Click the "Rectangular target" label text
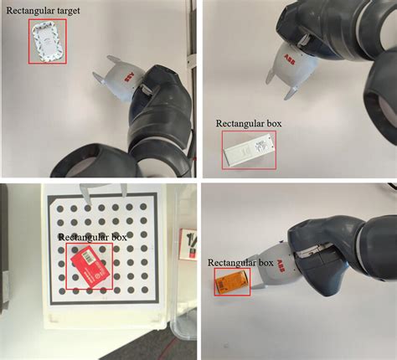point(43,11)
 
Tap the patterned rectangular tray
point(48,42)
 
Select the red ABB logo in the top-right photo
point(289,59)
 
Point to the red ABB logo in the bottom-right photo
point(280,267)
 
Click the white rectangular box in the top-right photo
point(248,150)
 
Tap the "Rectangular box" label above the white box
point(249,123)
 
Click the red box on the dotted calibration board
point(90,265)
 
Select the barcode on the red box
point(88,256)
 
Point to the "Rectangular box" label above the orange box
point(240,263)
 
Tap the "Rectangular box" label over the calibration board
point(92,237)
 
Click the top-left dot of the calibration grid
point(59,208)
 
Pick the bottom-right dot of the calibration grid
point(144,290)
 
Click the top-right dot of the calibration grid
point(143,207)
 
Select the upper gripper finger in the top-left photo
point(113,59)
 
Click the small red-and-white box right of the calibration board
point(188,244)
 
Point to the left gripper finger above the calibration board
point(85,193)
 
